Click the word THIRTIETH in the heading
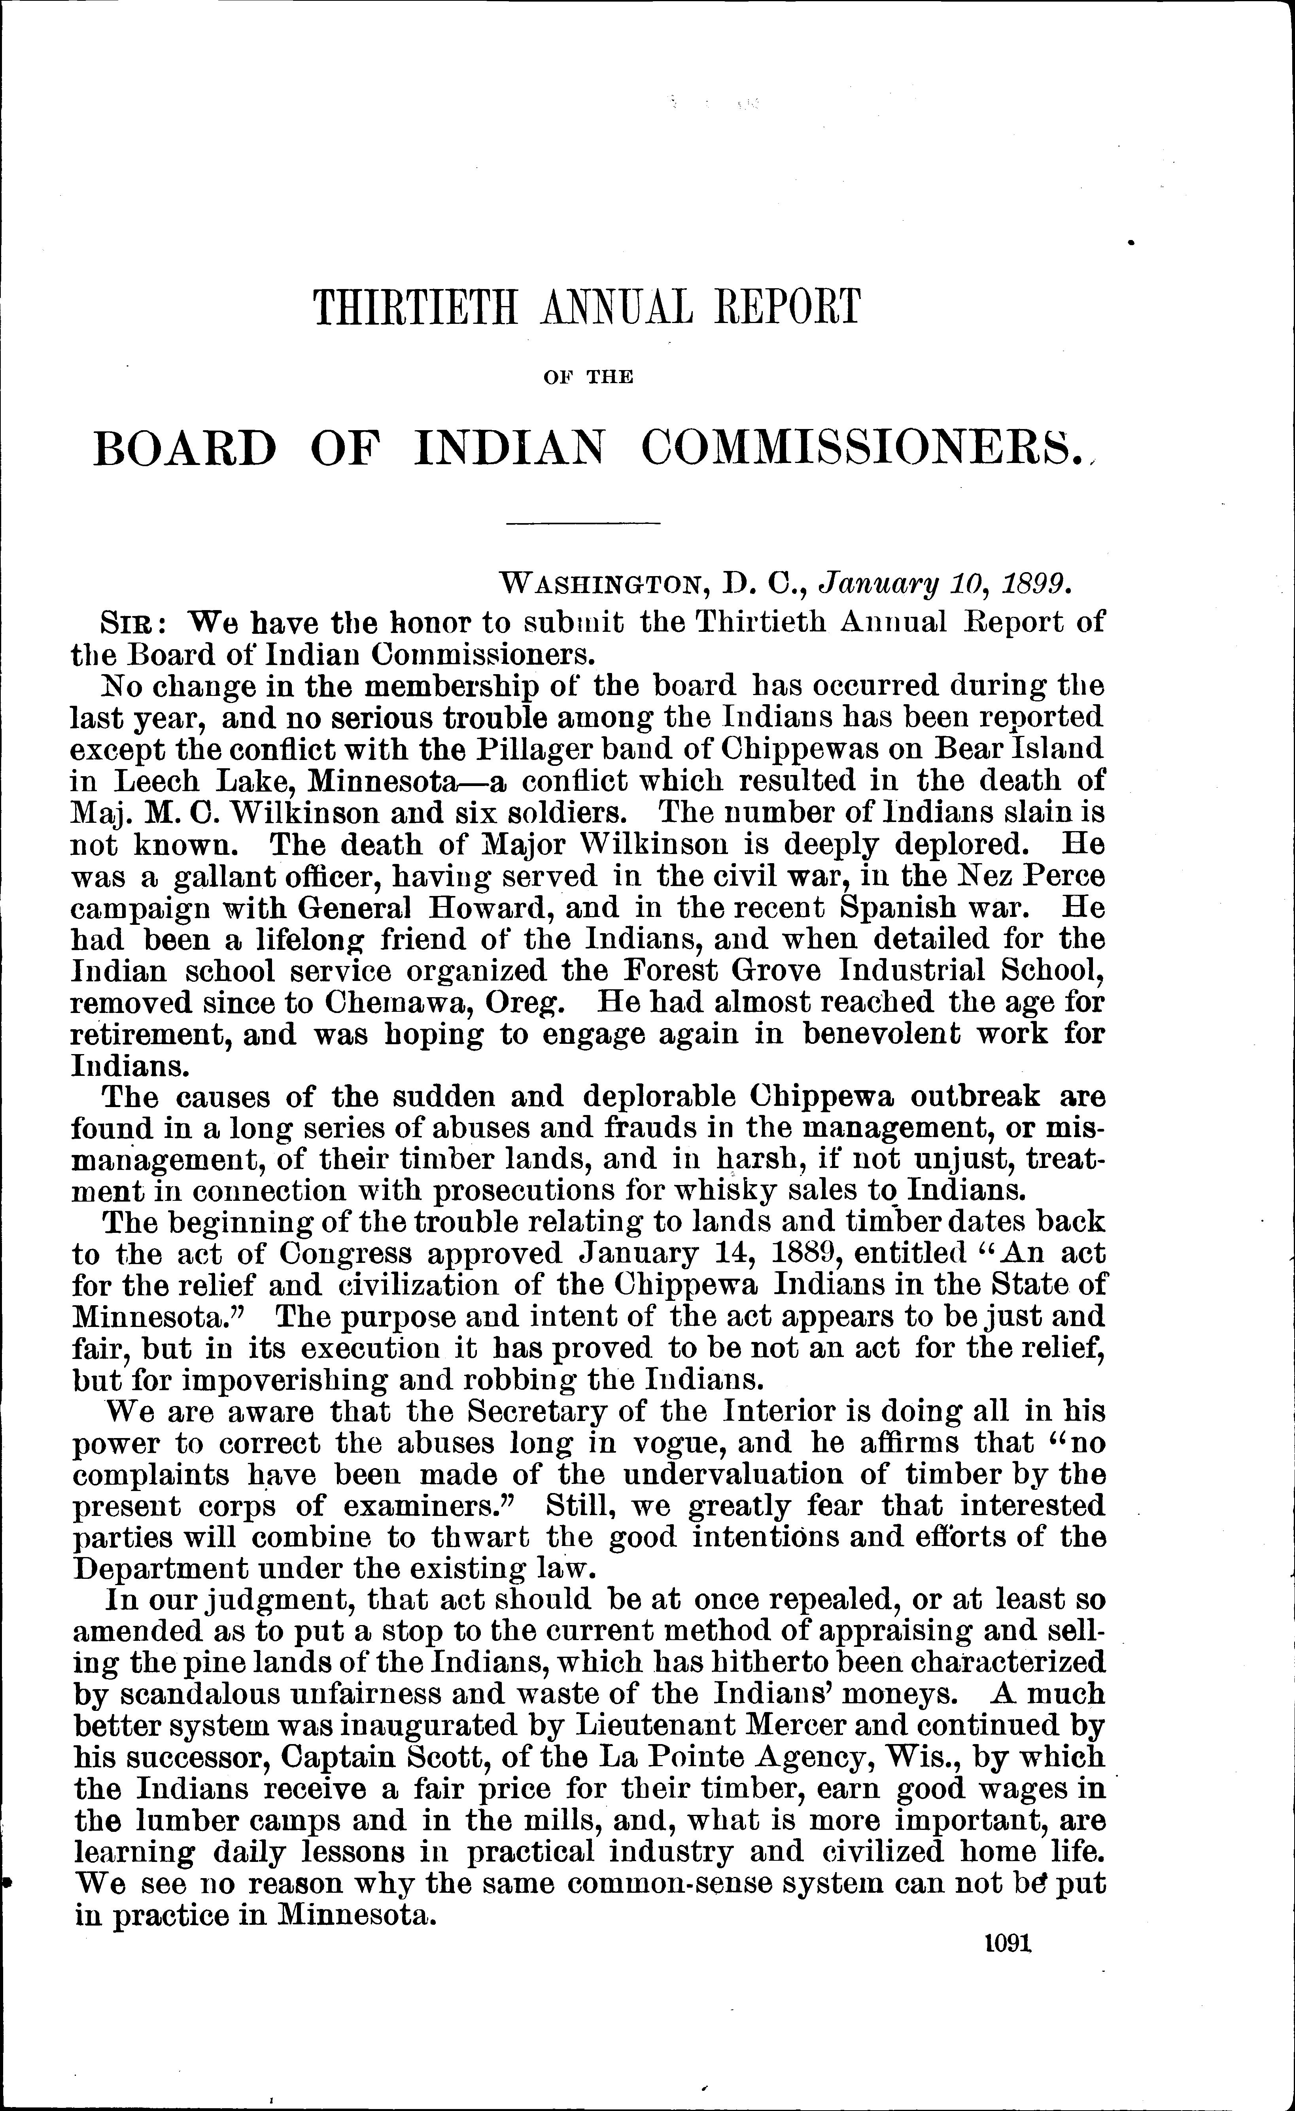point(416,308)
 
